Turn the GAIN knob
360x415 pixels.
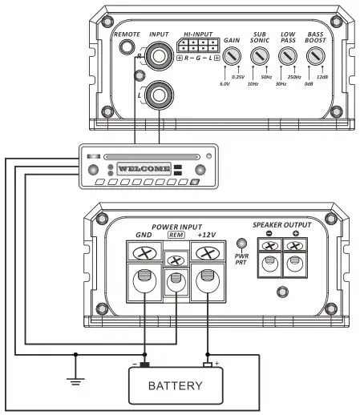233,56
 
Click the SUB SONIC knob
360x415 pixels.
260,56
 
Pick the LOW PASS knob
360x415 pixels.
287,56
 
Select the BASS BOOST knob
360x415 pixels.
315,56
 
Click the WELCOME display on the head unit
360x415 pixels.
144,170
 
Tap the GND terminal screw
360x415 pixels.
144,253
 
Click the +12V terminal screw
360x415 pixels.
207,253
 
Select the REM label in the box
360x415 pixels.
176,237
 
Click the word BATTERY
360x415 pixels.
176,386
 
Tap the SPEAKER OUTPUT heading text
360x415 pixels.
282,225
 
